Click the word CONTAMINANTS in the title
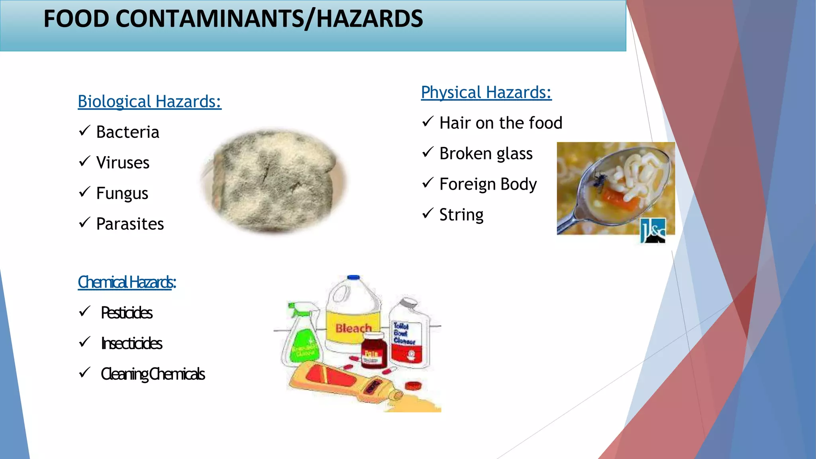(x=210, y=19)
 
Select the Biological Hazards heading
(x=149, y=102)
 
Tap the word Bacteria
(x=127, y=132)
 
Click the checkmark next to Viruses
(x=84, y=161)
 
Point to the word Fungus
(x=122, y=194)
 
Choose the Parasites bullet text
(x=130, y=224)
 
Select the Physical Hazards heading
(x=486, y=92)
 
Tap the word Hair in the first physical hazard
(x=455, y=123)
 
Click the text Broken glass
(x=486, y=154)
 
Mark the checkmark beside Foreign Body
(x=427, y=183)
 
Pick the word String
(x=461, y=215)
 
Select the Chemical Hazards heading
(x=127, y=282)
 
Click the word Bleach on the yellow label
(x=353, y=328)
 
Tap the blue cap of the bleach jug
(x=353, y=277)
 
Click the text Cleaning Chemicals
(x=153, y=374)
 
